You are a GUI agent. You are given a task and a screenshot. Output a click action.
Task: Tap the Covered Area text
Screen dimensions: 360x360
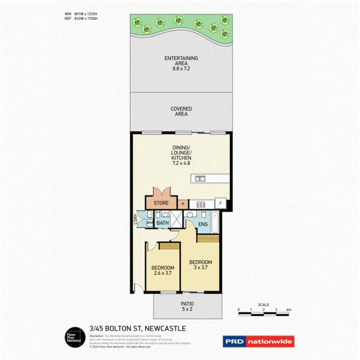point(181,111)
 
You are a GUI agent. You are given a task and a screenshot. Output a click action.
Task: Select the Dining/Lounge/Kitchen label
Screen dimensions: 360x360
point(181,155)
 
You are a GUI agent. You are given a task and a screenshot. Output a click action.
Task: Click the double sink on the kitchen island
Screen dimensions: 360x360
point(200,178)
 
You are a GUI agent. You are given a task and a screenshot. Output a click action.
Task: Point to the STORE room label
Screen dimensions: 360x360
point(161,203)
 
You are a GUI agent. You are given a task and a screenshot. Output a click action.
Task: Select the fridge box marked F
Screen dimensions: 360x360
point(221,203)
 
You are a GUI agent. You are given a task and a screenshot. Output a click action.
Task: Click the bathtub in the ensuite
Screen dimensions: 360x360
point(216,222)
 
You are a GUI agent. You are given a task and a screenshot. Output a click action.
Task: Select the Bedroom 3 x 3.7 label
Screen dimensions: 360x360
point(200,265)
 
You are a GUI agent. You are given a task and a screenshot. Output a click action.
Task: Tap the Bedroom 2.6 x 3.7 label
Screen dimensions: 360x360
point(162,270)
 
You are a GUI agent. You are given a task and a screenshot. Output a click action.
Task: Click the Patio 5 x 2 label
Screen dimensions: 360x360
point(187,306)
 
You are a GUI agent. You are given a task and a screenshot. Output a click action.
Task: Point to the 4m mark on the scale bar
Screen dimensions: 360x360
point(289,309)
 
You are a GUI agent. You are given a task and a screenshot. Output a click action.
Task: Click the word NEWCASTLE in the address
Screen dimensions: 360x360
point(165,329)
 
